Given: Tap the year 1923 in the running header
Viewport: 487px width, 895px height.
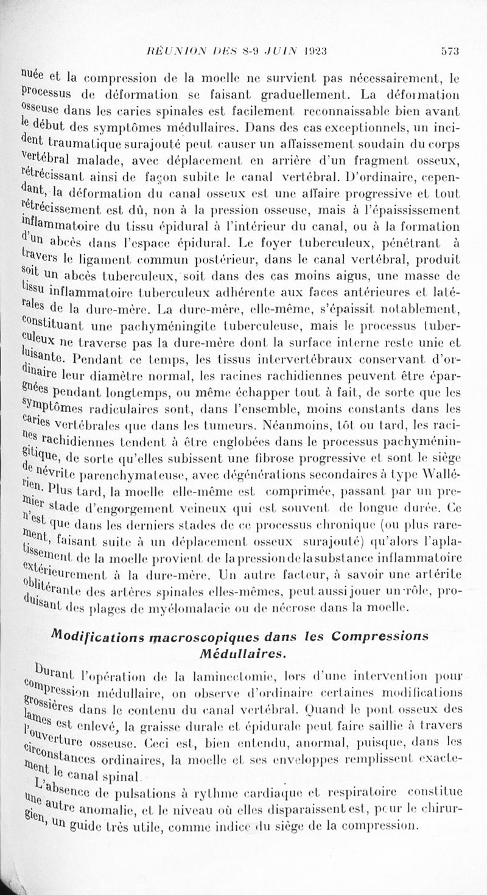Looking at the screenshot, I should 328,51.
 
